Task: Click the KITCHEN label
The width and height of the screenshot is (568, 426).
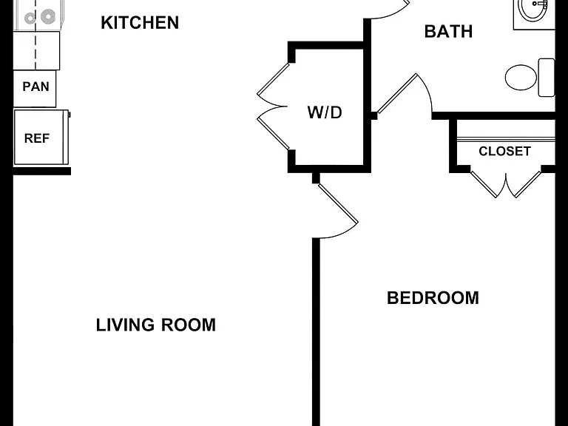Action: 140,22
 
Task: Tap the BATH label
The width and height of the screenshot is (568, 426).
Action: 448,32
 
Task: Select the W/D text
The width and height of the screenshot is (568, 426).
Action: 325,112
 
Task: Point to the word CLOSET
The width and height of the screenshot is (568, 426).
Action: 504,151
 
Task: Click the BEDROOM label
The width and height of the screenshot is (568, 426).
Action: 433,298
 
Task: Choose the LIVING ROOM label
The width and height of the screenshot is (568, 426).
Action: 156,325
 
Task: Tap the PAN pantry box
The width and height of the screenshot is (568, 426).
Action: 35,89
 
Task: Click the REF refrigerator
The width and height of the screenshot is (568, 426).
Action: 41,138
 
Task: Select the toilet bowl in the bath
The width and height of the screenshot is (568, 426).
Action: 521,77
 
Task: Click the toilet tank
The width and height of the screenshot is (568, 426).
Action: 547,78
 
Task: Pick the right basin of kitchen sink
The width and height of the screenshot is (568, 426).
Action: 47,16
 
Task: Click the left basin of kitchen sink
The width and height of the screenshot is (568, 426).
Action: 30,18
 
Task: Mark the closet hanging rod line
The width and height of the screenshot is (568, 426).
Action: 506,138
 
